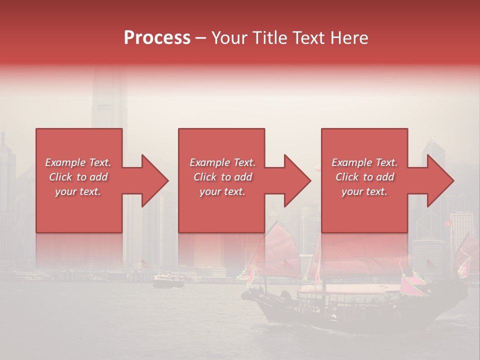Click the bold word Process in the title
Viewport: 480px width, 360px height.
pos(157,38)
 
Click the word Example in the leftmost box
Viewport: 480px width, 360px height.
pos(65,162)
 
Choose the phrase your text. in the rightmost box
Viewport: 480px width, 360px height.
pos(364,191)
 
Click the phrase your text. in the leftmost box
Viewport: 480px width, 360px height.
pos(78,191)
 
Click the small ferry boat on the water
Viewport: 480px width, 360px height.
pos(167,282)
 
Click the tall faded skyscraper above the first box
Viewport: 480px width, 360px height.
pos(107,100)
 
